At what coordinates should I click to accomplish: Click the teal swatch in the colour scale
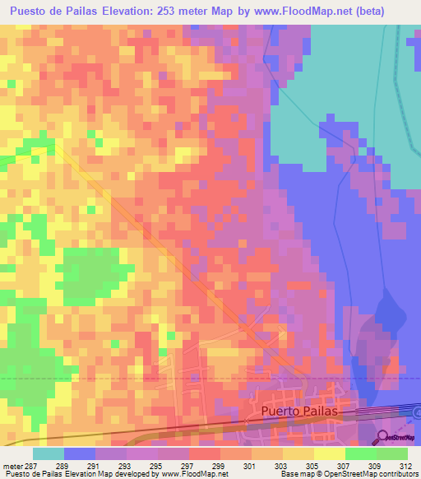[48, 453]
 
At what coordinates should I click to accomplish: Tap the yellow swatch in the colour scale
[329, 453]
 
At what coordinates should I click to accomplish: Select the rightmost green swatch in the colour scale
[391, 453]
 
